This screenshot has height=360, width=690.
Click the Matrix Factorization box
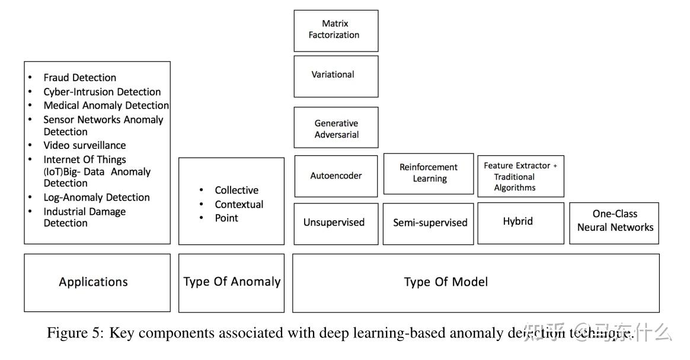click(336, 30)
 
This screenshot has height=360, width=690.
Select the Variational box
click(336, 75)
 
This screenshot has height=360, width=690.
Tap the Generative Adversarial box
click(336, 128)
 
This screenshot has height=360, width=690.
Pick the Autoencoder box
click(336, 176)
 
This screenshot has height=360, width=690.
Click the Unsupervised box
click(334, 223)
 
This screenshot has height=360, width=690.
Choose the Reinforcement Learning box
click(428, 173)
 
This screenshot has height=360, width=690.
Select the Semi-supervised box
click(429, 224)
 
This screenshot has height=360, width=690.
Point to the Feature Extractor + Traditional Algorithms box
click(520, 177)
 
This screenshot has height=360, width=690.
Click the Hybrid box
click(518, 222)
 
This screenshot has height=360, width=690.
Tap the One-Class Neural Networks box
click(615, 221)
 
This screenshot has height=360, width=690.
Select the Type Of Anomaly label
click(232, 282)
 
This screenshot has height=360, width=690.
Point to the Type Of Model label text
click(446, 282)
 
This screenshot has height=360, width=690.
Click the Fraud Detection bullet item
click(79, 78)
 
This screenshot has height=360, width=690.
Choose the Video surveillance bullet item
click(84, 145)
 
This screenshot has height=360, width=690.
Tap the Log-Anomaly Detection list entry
click(96, 197)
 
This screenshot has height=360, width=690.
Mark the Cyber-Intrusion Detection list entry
click(102, 92)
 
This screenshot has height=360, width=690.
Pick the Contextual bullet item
click(238, 205)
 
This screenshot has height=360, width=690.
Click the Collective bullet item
click(236, 190)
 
